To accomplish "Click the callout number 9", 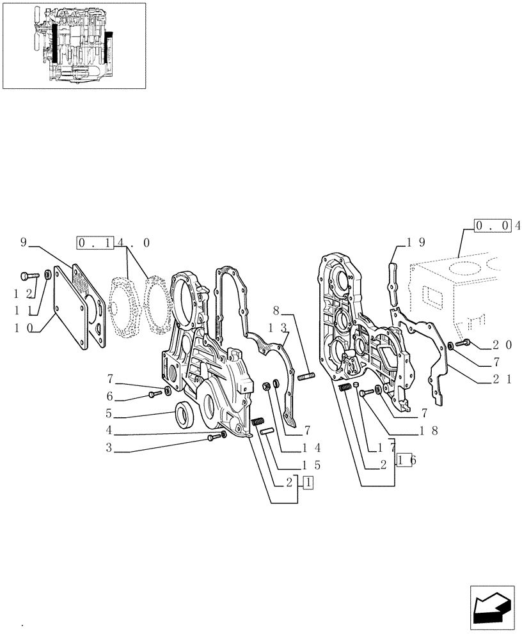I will click(24, 242).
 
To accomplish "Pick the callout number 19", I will click(416, 242).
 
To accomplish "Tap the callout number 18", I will click(427, 431).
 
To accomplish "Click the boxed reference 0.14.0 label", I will click(113, 242).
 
